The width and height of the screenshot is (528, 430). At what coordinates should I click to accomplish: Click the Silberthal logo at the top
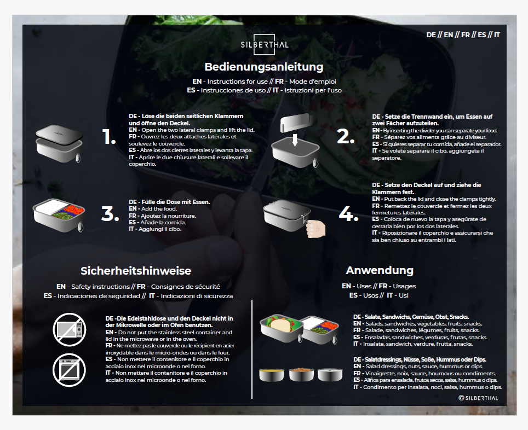pyautogui.click(x=265, y=44)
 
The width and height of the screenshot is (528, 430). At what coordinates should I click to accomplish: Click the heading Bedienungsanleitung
pyautogui.click(x=264, y=67)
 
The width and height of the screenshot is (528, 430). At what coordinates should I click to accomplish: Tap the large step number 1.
pyautogui.click(x=109, y=137)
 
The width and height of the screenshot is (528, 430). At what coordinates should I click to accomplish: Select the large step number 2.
pyautogui.click(x=346, y=137)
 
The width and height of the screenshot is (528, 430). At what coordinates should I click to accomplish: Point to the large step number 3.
pyautogui.click(x=110, y=214)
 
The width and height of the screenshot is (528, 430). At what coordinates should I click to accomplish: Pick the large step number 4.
pyautogui.click(x=348, y=214)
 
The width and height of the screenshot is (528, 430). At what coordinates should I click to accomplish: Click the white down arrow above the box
pyautogui.click(x=295, y=140)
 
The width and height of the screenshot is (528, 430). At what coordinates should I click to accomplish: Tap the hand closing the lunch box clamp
pyautogui.click(x=315, y=229)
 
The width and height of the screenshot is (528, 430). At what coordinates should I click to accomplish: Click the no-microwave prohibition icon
pyautogui.click(x=70, y=330)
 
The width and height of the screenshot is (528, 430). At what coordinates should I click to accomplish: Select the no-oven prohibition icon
pyautogui.click(x=70, y=370)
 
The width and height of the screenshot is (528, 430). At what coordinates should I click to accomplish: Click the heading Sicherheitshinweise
pyautogui.click(x=136, y=271)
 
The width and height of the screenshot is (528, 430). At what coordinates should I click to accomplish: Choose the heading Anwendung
pyautogui.click(x=380, y=270)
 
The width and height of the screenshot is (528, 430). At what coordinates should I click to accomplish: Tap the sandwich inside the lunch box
pyautogui.click(x=280, y=324)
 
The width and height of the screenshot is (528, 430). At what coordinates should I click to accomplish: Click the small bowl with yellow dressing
pyautogui.click(x=272, y=375)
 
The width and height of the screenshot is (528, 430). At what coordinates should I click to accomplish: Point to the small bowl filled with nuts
pyautogui.click(x=301, y=375)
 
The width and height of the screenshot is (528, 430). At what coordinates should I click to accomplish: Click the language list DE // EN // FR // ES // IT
pyautogui.click(x=463, y=35)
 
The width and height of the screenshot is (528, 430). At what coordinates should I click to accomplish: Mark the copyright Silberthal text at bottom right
pyautogui.click(x=478, y=398)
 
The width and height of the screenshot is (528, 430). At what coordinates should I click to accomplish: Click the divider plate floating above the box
pyautogui.click(x=296, y=123)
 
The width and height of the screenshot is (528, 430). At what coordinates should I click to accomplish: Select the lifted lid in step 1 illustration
pyautogui.click(x=59, y=134)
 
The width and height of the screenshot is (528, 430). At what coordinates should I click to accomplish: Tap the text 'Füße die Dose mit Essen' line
pyautogui.click(x=169, y=202)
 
